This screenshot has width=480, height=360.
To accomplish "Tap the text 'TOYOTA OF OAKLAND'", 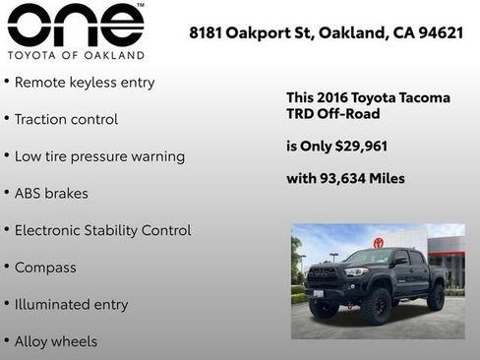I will (x=75, y=55).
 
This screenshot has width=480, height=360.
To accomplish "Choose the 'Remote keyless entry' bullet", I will (x=85, y=83).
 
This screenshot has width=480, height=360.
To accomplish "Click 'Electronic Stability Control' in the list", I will (x=102, y=230).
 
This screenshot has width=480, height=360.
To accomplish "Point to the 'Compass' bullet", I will (x=45, y=268).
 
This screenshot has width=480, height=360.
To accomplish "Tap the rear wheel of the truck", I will (x=435, y=297).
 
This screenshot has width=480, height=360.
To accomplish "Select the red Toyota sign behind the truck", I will (x=378, y=242).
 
